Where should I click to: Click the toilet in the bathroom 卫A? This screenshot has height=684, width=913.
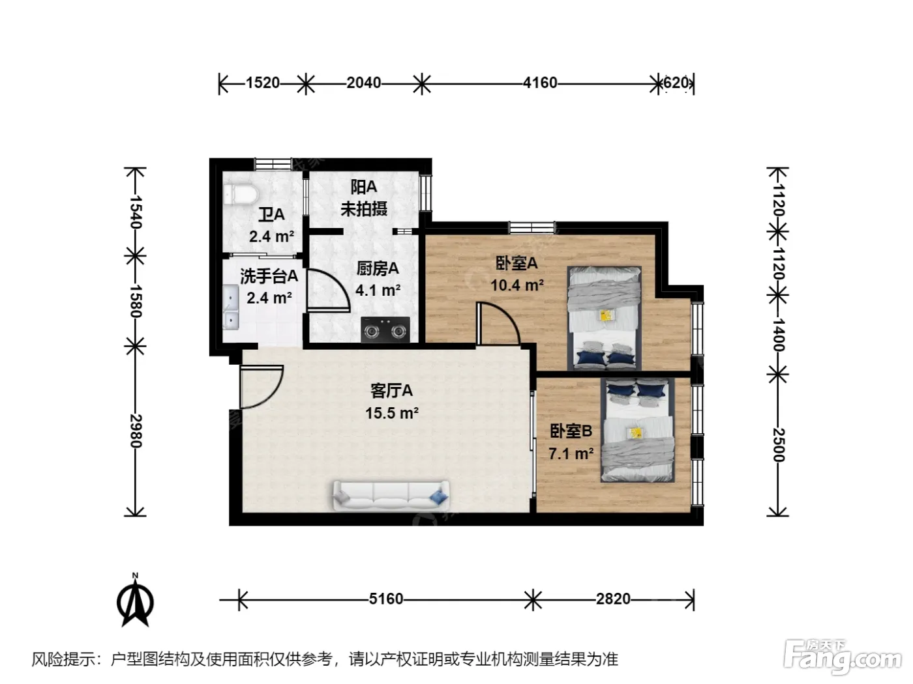point(241,194)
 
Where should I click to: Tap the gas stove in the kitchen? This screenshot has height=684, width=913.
point(385,330)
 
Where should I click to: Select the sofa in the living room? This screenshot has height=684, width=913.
point(391,496)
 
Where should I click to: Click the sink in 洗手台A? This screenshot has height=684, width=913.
point(230,307)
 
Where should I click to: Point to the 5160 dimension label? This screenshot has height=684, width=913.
point(386,599)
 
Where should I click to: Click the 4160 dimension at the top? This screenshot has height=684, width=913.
point(540,83)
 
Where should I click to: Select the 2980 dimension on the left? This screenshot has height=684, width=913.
point(136,431)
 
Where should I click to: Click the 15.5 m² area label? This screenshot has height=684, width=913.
point(392,413)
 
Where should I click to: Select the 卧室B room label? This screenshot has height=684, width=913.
point(571,431)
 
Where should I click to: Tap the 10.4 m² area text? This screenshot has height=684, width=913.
point(517,285)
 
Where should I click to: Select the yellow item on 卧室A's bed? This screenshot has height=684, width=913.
point(606,316)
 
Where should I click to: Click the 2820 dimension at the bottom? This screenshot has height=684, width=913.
point(613,599)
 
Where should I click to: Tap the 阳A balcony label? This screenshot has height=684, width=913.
point(363,188)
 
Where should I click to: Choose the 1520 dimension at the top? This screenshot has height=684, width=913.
point(263,83)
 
